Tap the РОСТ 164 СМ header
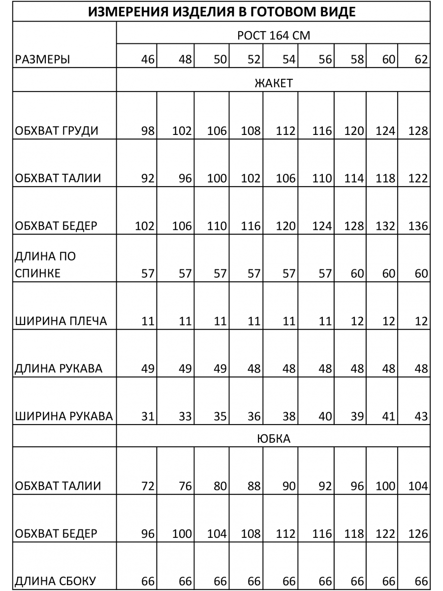(273, 36)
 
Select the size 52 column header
(254, 60)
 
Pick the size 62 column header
(421, 60)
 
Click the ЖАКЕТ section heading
(273, 83)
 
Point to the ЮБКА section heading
(273, 438)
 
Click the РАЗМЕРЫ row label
(42, 60)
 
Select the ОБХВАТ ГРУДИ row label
(57, 131)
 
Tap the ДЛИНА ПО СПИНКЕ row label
(45, 265)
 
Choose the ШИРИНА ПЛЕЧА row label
(61, 322)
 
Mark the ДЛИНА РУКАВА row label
(59, 369)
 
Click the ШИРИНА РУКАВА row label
(64, 417)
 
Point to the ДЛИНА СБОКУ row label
(56, 581)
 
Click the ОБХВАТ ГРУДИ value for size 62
(418, 131)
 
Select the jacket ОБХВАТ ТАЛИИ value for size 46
(148, 178)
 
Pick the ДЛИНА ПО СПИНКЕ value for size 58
(357, 274)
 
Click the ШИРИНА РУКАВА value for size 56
(325, 417)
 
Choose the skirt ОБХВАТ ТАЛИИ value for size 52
(254, 486)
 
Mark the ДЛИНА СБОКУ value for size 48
(185, 581)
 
